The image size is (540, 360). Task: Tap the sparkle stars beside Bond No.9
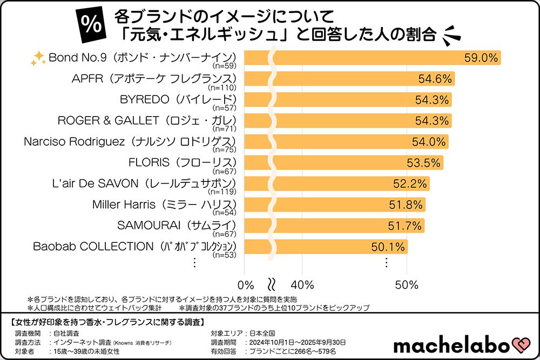(38, 59)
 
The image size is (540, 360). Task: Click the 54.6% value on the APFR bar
(435, 79)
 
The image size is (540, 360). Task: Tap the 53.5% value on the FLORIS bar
(423, 163)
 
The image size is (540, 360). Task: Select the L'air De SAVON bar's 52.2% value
(410, 184)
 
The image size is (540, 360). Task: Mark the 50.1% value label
(388, 247)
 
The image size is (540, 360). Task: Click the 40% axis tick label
(302, 284)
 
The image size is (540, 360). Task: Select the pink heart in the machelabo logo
(522, 344)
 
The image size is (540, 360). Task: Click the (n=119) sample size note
(224, 192)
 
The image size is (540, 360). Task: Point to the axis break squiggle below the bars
(272, 284)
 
